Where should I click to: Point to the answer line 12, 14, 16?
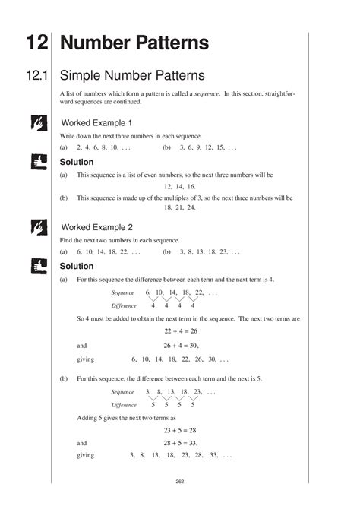point(180,186)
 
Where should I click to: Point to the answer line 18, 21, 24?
point(180,207)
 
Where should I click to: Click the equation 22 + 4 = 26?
point(180,331)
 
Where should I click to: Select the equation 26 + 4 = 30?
point(180,344)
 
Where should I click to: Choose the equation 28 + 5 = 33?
point(180,442)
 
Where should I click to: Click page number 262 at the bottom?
point(180,481)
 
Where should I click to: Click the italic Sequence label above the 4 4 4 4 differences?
point(122,292)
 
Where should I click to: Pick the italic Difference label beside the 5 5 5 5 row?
point(124,405)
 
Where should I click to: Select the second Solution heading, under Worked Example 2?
point(76,266)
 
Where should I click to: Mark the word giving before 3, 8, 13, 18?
point(86,455)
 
